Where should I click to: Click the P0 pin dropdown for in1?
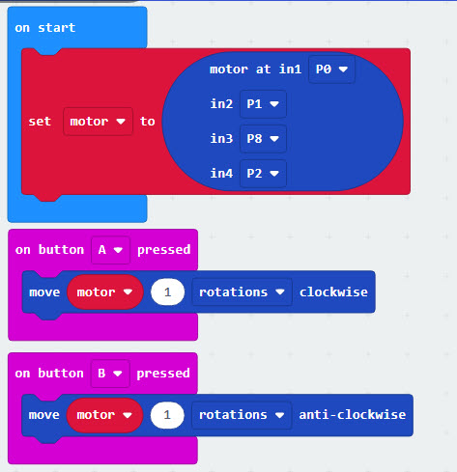[x=331, y=69]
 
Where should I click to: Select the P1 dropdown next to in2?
[x=263, y=104]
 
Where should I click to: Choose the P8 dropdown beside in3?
[x=263, y=139]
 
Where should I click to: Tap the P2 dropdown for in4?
[x=263, y=174]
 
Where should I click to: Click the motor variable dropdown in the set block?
[x=98, y=122]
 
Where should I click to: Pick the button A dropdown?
[x=110, y=250]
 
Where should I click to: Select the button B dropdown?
[x=110, y=374]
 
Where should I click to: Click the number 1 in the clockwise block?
[x=167, y=292]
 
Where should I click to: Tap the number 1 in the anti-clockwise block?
[x=167, y=415]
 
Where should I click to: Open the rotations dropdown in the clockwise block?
[x=242, y=292]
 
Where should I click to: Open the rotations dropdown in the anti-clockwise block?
[x=242, y=415]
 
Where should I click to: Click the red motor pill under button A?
[x=105, y=292]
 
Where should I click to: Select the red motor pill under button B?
[x=104, y=415]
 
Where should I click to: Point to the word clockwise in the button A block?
[x=333, y=292]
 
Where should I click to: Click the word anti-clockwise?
[x=353, y=415]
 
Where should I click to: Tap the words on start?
[x=45, y=28]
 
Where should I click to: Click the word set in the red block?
[x=40, y=122]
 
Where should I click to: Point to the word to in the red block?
[x=148, y=122]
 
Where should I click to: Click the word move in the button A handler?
[x=44, y=292]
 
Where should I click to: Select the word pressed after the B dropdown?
[x=163, y=374]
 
